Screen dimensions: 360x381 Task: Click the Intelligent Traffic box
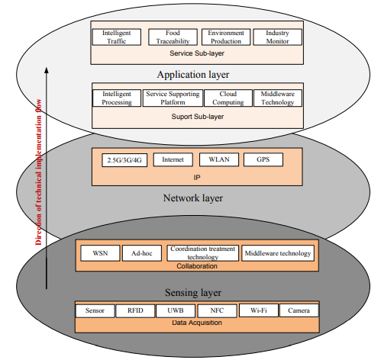coord(117,37)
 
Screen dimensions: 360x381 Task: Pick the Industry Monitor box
coord(277,37)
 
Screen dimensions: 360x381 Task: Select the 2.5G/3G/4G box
coord(124,160)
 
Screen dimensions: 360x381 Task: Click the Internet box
coord(173,160)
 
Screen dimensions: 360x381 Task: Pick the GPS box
coord(264,160)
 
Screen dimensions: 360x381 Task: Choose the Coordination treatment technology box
coord(202,253)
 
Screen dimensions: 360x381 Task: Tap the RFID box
coord(136,311)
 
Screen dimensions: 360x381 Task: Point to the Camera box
coord(299,311)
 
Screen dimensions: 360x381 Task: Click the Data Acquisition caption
coord(197,324)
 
